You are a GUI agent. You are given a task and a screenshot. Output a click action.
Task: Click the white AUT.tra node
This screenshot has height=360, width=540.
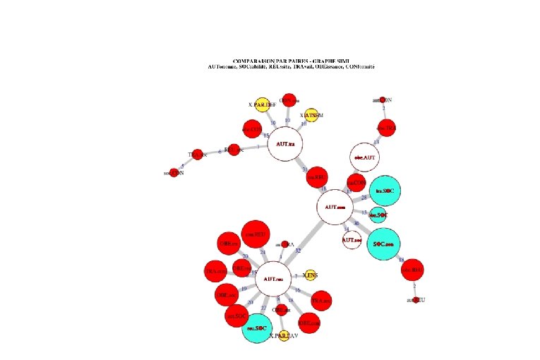coord(286,145)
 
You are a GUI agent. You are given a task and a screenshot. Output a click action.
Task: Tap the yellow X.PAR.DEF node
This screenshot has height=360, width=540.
coord(262,104)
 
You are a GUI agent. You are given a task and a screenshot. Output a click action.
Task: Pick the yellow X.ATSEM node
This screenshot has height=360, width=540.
coord(311,114)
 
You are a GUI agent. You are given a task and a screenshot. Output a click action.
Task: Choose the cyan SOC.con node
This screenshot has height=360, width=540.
coord(387,244)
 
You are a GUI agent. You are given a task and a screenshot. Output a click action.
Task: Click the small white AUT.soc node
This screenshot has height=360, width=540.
coord(352,240)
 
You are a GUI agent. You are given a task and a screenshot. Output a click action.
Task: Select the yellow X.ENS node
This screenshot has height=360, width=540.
coord(310,275)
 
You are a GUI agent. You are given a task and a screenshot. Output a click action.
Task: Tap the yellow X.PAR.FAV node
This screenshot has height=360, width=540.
coord(284,336)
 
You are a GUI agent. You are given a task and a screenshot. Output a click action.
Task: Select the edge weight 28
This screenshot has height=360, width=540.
coord(364,198)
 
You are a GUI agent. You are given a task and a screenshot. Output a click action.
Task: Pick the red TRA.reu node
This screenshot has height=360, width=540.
coord(215,272)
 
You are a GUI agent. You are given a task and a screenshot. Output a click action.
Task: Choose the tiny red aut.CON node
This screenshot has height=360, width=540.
coord(382,100)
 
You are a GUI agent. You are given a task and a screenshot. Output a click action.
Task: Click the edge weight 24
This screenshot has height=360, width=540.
coord(262,252)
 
